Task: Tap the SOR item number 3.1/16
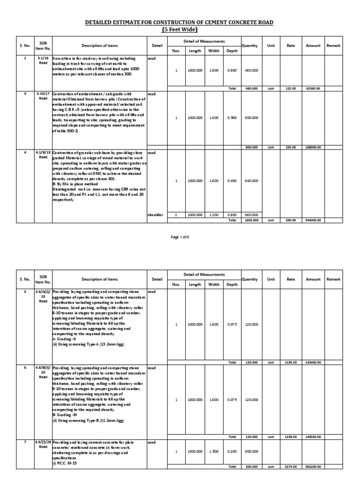click(x=43, y=59)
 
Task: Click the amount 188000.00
click(x=313, y=147)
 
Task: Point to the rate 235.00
click(x=291, y=147)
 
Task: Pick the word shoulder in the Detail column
click(x=155, y=214)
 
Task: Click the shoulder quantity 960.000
click(x=252, y=214)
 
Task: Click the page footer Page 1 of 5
click(x=180, y=237)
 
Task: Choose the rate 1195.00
click(x=291, y=362)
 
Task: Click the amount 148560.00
click(x=313, y=436)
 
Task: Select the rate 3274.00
click(x=291, y=467)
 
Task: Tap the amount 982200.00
click(x=313, y=467)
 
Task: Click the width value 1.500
click(x=214, y=451)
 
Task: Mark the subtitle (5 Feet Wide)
click(x=180, y=30)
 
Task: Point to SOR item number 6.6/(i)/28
click(x=43, y=444)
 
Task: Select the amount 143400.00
click(x=313, y=362)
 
